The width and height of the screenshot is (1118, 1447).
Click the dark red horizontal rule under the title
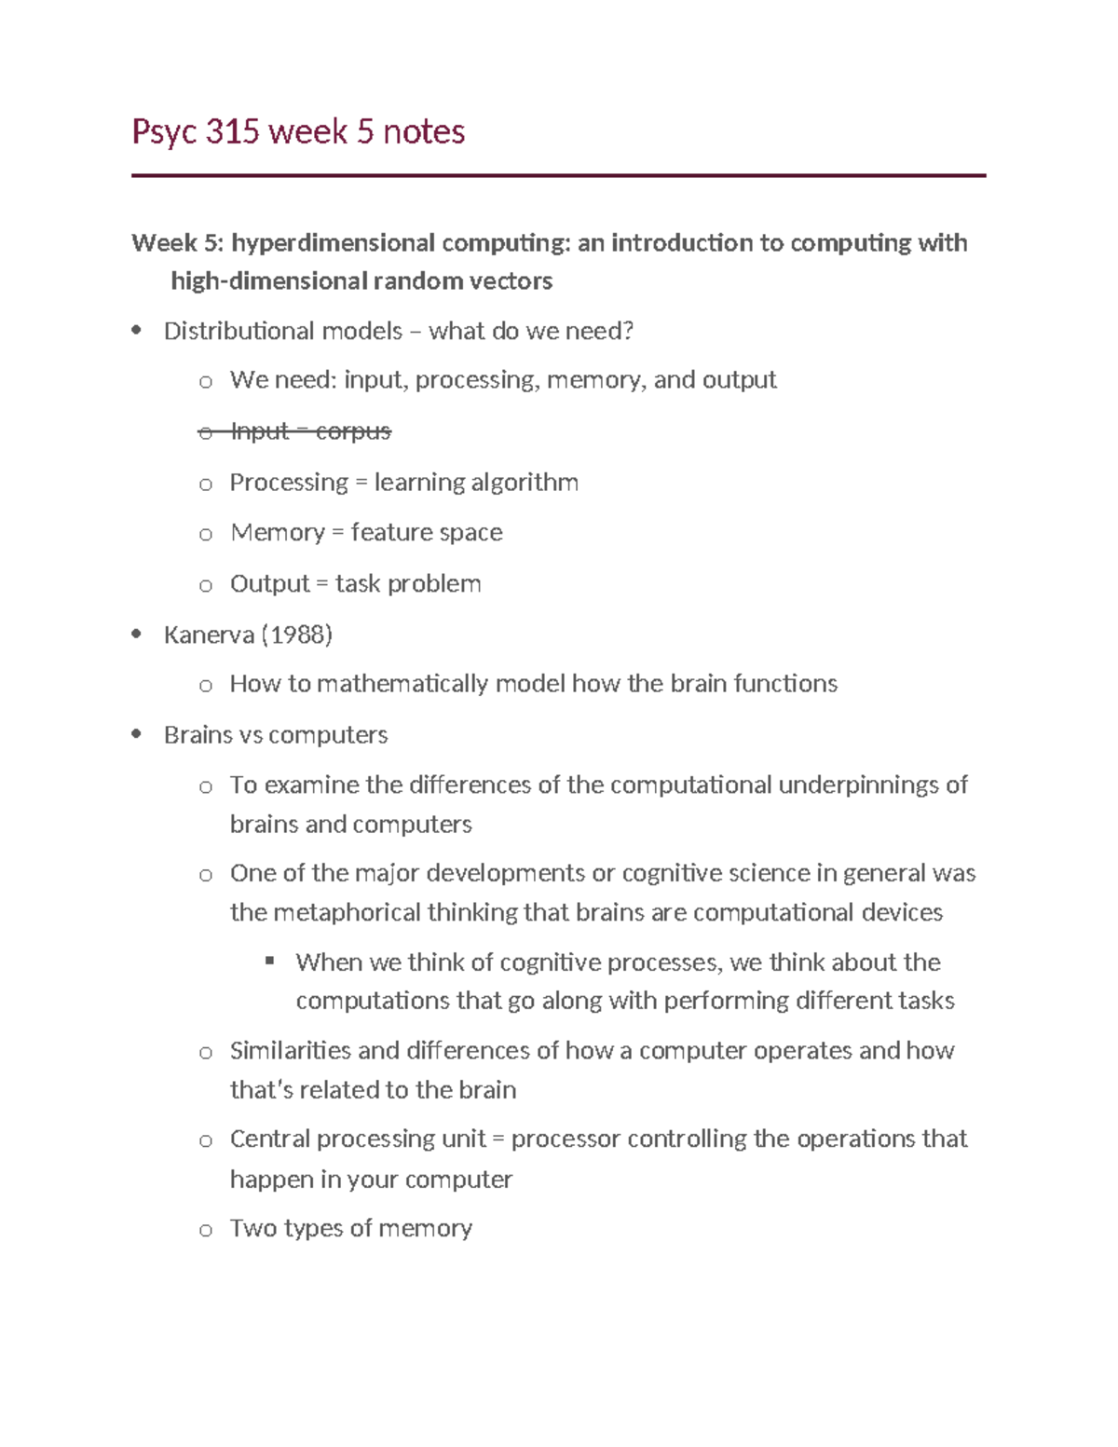coord(558,175)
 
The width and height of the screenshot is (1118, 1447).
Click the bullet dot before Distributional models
coord(137,330)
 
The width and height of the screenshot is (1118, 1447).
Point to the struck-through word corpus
coord(353,431)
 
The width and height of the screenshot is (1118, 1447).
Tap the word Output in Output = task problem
coord(269,584)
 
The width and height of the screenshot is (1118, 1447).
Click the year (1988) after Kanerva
coord(296,635)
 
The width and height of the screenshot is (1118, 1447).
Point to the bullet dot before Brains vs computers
coord(137,734)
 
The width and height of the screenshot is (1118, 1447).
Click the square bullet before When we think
coord(270,961)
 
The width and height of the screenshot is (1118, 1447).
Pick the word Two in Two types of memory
coord(252,1228)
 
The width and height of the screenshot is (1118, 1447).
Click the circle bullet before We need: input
coord(206,381)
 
